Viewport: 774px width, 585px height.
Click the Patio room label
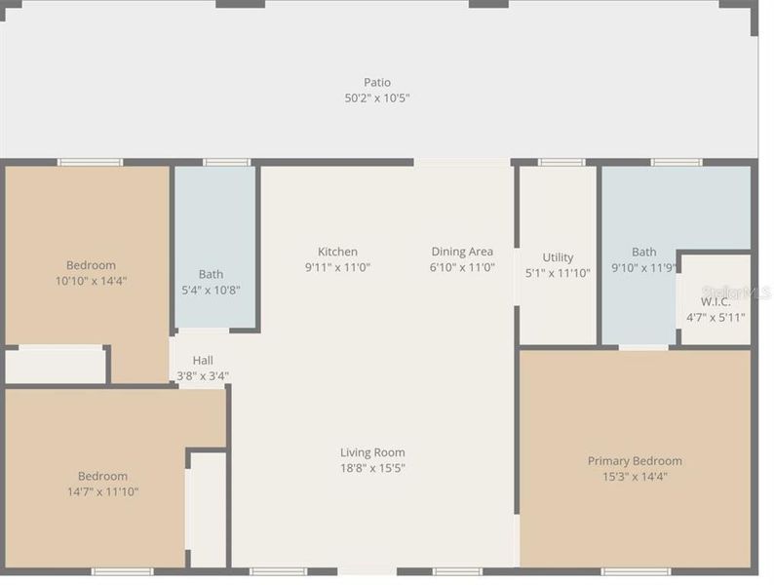[x=377, y=83]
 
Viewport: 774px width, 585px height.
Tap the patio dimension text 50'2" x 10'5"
[x=377, y=97]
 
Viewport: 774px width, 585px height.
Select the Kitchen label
[x=337, y=252]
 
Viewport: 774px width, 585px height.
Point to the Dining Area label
[x=462, y=252]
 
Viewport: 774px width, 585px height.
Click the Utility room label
[x=558, y=257]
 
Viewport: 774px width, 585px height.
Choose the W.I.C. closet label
[x=715, y=302]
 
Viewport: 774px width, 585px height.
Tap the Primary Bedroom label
[x=635, y=461]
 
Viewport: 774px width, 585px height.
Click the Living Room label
[x=372, y=452]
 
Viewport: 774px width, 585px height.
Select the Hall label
[x=203, y=361]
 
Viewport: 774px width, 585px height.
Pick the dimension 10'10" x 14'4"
[x=91, y=280]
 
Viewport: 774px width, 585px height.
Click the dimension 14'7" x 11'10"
[x=102, y=491]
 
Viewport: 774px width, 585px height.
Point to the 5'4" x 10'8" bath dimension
[x=211, y=290]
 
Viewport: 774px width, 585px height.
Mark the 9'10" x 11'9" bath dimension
[x=643, y=267]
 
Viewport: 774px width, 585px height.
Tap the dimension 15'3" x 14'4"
[x=635, y=477]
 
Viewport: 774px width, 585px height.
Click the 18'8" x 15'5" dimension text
[x=372, y=468]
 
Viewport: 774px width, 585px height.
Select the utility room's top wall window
[x=561, y=162]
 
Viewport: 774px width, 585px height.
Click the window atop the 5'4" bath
[x=226, y=162]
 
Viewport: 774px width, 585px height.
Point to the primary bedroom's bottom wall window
[x=635, y=571]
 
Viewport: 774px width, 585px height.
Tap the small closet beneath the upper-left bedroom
[x=55, y=367]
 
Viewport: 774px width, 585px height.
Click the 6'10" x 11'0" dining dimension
[x=462, y=267]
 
